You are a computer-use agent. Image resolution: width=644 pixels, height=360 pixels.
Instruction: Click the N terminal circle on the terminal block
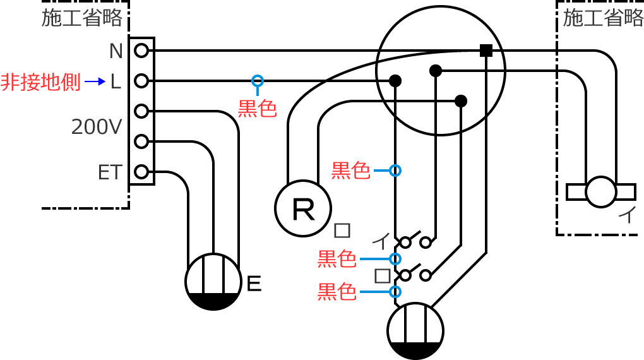tap(141, 51)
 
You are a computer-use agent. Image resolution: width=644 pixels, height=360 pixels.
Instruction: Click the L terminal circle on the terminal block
tap(141, 81)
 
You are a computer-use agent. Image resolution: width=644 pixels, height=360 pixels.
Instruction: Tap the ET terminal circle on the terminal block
tap(141, 171)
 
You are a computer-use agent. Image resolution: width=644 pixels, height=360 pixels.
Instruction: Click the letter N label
tap(116, 51)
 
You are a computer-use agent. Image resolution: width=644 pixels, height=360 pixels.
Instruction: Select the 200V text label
tap(96, 128)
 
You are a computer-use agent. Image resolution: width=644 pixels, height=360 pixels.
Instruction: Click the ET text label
tap(109, 172)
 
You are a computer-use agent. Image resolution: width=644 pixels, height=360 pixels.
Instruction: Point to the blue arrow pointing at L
tap(95, 81)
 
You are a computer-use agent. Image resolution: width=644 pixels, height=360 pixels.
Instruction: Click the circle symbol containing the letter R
tap(303, 208)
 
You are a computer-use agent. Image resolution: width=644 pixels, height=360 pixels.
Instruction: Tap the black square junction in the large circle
tap(486, 51)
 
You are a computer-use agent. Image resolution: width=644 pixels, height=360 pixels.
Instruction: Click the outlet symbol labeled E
tap(213, 282)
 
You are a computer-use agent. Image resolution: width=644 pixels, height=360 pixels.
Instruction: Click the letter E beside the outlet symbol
tap(253, 284)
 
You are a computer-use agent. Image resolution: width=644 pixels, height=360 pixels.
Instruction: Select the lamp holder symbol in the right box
tap(600, 191)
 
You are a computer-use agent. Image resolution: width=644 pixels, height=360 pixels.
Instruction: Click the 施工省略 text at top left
tap(81, 18)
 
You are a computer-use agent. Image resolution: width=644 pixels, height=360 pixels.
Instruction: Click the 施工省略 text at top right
tap(602, 18)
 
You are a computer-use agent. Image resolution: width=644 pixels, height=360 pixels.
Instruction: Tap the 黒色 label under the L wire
tap(257, 109)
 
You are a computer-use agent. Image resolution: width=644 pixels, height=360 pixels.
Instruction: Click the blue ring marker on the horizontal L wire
tap(257, 81)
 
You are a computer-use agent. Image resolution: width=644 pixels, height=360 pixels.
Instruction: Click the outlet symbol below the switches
tap(415, 330)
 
